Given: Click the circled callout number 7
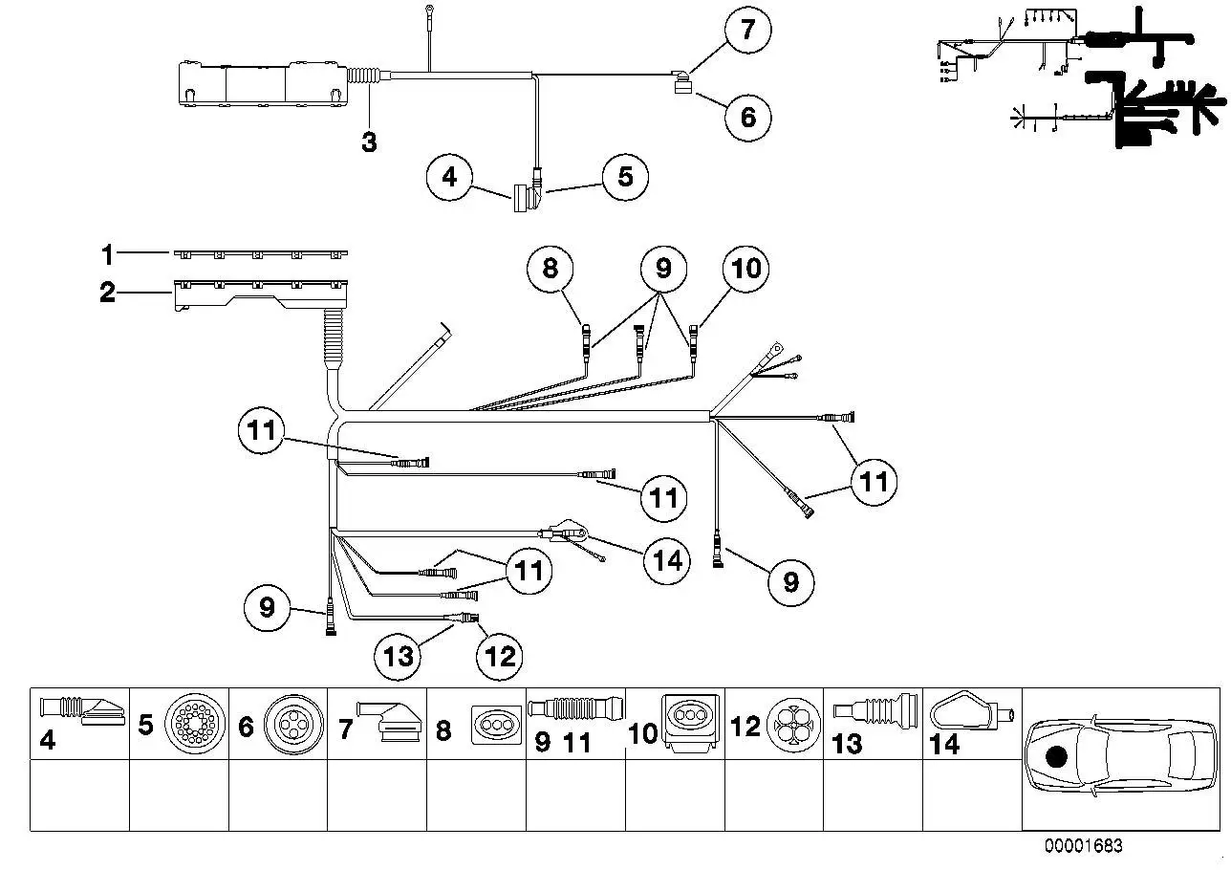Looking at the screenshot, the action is click(747, 30).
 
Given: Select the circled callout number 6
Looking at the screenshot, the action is click(747, 117).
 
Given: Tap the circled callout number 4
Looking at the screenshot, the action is click(449, 177).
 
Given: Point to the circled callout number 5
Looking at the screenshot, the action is click(625, 177).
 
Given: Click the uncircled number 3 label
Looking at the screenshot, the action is click(369, 141).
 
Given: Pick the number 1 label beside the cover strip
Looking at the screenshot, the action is click(107, 255).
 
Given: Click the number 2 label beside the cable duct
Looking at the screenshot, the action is click(108, 292).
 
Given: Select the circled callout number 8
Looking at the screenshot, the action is click(550, 269).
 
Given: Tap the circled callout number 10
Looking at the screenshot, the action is click(745, 269).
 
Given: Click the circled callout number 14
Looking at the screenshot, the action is click(667, 560).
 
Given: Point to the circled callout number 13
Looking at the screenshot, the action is click(398, 656).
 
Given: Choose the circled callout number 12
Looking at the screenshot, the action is click(500, 656).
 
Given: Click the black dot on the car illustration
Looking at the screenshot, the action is click(1056, 758).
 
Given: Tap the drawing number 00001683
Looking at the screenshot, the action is click(1083, 845).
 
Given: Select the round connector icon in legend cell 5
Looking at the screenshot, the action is click(195, 723).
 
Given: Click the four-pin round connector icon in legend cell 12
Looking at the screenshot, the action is click(793, 726).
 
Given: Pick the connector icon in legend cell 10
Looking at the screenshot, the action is click(691, 721).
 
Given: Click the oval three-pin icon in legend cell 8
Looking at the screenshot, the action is click(496, 725).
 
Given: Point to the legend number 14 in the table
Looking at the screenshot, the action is click(944, 744).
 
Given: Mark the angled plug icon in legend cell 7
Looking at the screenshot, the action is click(389, 722).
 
